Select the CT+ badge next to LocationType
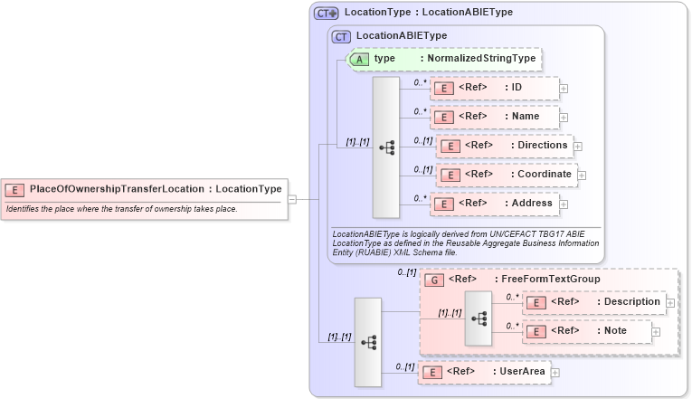click(327, 13)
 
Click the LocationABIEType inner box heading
click(402, 36)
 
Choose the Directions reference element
click(507, 146)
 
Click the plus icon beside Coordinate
click(582, 175)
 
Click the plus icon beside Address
click(564, 204)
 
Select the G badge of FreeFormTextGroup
click(434, 280)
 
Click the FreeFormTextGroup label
click(552, 280)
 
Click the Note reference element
click(587, 331)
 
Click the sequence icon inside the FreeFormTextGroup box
click(479, 318)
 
